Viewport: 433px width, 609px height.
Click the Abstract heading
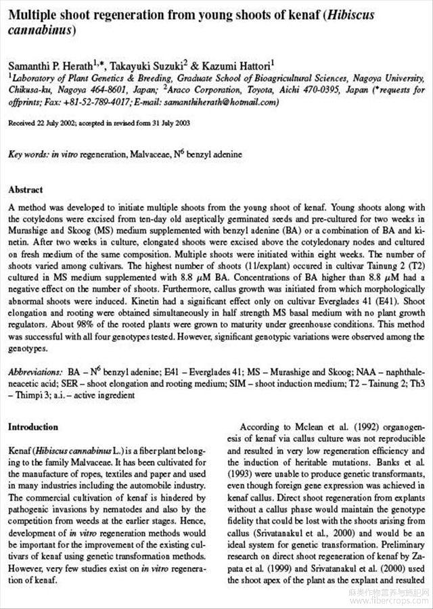25,190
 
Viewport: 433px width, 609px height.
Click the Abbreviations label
36,373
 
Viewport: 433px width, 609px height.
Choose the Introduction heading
33,427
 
